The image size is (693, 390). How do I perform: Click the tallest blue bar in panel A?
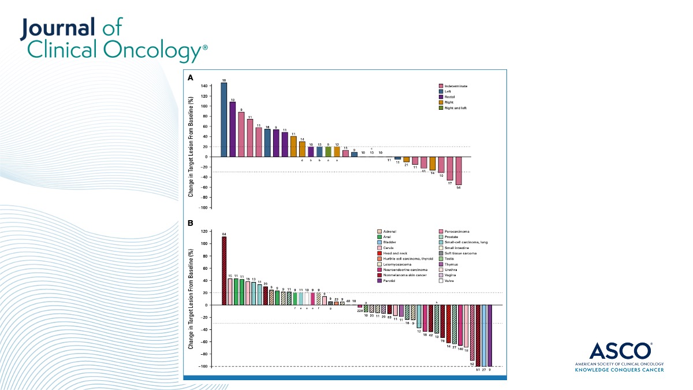coord(223,120)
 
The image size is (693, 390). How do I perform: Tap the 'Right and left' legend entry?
coord(453,107)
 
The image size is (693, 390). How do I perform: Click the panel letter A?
coord(191,77)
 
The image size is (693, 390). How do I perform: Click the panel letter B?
coord(191,222)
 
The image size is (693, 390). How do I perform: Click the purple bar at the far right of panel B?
coord(490,335)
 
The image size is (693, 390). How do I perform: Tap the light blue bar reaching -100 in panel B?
coord(484,335)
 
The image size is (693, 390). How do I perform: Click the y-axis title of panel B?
coord(191,298)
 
